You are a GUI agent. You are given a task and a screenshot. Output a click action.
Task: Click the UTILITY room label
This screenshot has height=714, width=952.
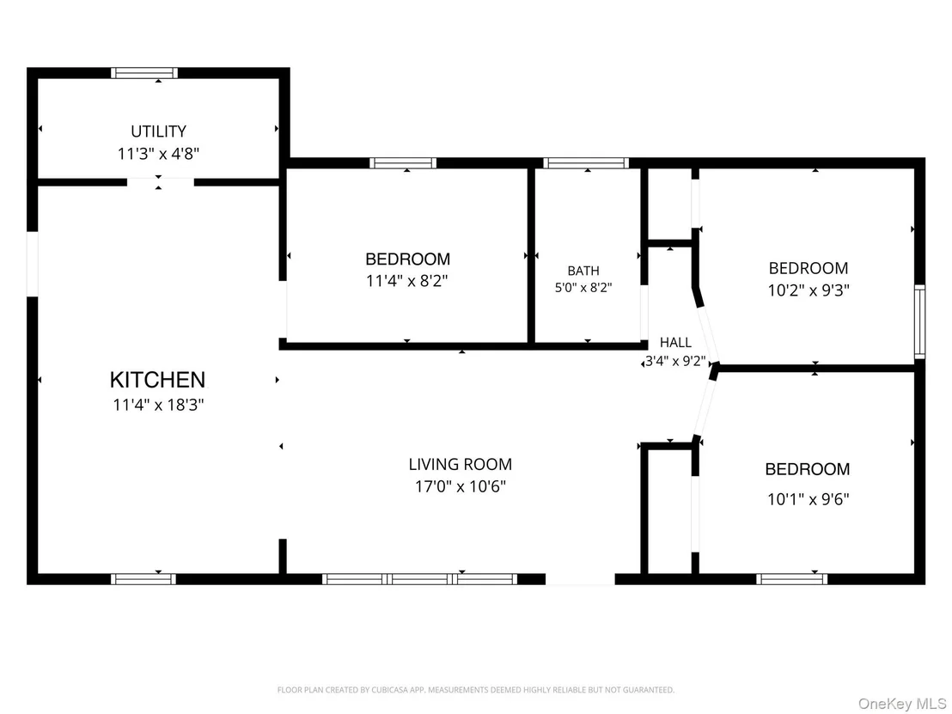(158, 131)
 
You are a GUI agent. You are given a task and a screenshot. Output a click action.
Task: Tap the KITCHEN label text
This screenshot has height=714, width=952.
(158, 380)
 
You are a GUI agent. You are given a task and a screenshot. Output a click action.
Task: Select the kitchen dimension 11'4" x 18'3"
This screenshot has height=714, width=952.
(158, 405)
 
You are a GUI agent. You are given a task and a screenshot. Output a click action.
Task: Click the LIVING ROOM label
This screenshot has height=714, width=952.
(461, 465)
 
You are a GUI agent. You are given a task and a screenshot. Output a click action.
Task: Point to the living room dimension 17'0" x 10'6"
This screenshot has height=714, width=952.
(461, 487)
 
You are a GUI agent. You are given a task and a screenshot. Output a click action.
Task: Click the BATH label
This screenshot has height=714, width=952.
(583, 271)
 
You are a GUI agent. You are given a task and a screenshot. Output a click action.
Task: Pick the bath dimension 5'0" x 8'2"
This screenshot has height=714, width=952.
(583, 287)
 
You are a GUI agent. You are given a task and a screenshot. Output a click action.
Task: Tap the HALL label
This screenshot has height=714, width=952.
(675, 343)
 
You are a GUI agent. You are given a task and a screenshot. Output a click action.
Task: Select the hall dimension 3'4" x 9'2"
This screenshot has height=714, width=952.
(675, 362)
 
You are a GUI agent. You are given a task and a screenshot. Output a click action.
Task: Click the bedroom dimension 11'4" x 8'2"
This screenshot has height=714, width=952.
(406, 282)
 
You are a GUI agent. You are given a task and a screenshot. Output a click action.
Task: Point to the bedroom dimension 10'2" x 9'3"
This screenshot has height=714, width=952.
(809, 290)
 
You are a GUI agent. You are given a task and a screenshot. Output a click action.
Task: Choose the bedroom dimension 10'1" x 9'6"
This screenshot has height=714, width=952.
(809, 500)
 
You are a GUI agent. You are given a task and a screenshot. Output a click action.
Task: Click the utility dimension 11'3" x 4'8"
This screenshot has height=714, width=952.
(158, 154)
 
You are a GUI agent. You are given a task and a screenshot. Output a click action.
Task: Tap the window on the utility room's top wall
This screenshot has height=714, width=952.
(144, 74)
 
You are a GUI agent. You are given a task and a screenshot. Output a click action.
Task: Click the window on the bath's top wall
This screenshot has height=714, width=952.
(586, 162)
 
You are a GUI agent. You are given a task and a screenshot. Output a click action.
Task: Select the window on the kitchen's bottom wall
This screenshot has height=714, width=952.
(143, 579)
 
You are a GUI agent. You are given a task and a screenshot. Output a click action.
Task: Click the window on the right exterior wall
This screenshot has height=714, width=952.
(920, 322)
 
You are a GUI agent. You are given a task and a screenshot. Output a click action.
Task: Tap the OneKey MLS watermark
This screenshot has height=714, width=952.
(901, 704)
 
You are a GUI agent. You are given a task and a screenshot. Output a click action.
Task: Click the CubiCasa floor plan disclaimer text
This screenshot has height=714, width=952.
(476, 690)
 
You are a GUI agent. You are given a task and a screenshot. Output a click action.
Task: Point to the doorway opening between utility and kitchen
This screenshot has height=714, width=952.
(161, 182)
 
